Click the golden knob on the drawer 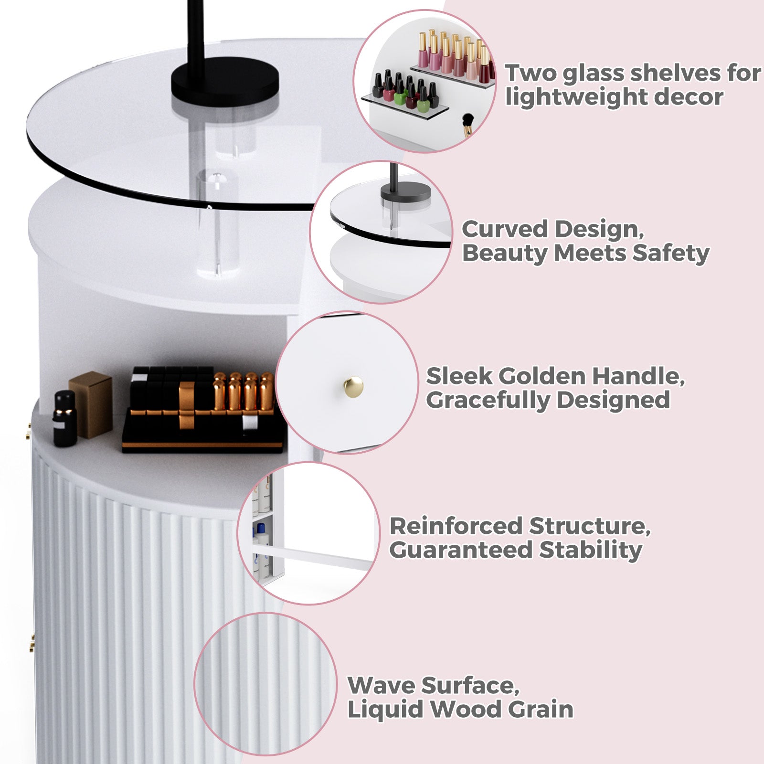click(x=353, y=386)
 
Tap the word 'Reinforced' click(x=456, y=526)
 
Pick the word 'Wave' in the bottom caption click(x=380, y=686)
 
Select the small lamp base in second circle click(x=405, y=192)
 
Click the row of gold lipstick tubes click(x=244, y=392)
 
